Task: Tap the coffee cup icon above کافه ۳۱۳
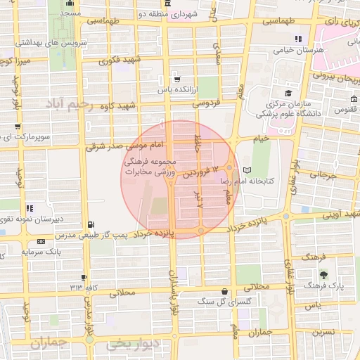coord(84,278)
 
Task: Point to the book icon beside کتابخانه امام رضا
coord(246,171)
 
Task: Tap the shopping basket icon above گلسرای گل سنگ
coord(224,291)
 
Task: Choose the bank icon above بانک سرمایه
coord(40,241)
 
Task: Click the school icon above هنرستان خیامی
coord(299,39)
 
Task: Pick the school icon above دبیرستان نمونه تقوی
coord(30,208)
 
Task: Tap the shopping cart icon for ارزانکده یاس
coord(176,79)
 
